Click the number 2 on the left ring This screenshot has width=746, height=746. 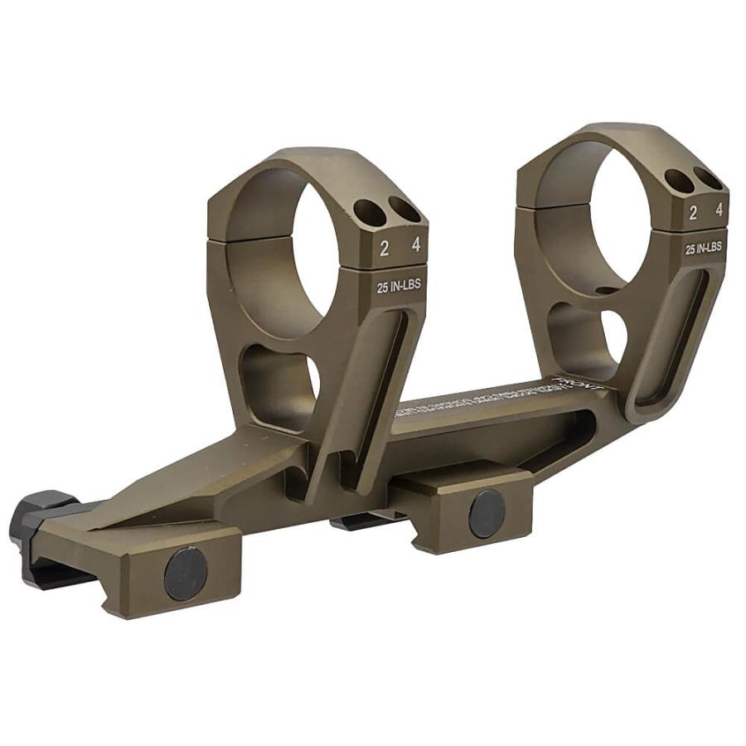(x=385, y=248)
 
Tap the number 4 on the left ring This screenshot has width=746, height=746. (x=415, y=246)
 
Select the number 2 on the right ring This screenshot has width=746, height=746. (x=693, y=212)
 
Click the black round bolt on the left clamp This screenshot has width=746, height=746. (x=186, y=571)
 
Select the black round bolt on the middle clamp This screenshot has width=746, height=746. (x=487, y=512)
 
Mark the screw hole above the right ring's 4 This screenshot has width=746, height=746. (x=705, y=177)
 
